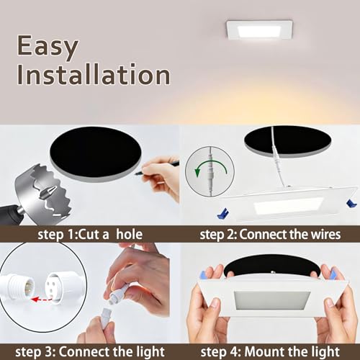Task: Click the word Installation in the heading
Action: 94,74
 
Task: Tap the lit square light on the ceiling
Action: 259,30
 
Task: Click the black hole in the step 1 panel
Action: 96,153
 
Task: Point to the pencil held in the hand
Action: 157,168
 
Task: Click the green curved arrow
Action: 210,168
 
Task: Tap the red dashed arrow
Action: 42,299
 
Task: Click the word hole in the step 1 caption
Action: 129,234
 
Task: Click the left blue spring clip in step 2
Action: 223,213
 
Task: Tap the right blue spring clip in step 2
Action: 351,204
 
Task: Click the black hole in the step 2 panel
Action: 288,140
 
